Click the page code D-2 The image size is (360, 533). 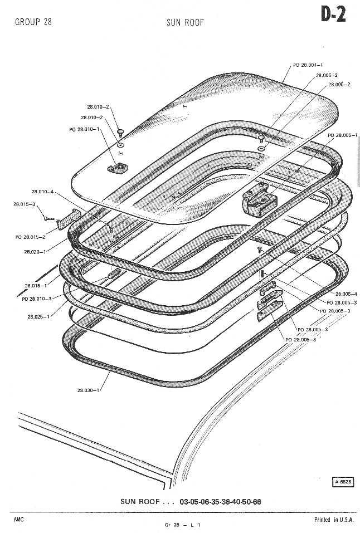tap(333, 15)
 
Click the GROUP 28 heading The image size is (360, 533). tap(33, 22)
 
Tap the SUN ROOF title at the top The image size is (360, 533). tap(185, 22)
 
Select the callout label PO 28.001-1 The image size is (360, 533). tap(308, 65)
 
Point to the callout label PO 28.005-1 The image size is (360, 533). tap(343, 135)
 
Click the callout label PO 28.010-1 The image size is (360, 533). tap(84, 129)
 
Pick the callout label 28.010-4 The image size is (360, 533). tap(42, 192)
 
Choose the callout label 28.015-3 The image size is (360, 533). tap(24, 204)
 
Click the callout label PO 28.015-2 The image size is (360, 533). tap(30, 237)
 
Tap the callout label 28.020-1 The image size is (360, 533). tap(35, 252)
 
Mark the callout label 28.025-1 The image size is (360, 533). tap(38, 316)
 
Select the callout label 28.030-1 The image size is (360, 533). tap(88, 390)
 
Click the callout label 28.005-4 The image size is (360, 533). tap(347, 294)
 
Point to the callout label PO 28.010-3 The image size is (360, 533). tap(37, 299)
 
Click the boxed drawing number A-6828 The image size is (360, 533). tap(342, 482)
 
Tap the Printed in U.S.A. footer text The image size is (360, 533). tap(334, 520)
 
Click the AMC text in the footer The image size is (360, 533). tap(19, 520)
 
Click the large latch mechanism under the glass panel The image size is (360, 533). tap(259, 200)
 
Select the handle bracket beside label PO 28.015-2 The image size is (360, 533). tap(69, 219)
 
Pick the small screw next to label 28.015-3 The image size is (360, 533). tap(49, 218)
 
